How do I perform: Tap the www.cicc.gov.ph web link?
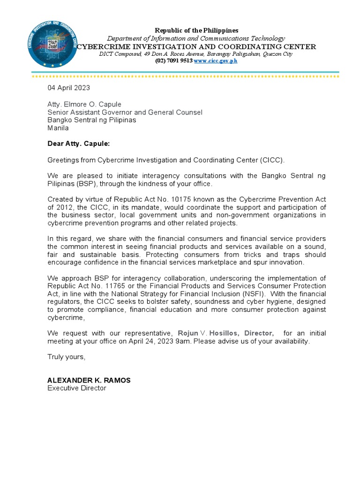216,60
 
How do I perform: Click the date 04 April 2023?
68,88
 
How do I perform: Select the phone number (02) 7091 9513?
173,60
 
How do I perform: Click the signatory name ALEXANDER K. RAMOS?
89,380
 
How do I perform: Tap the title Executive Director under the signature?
77,388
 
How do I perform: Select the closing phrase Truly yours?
67,357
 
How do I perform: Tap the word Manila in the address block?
58,128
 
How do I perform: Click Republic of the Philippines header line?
197,30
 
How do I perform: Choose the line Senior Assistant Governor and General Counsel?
125,112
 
